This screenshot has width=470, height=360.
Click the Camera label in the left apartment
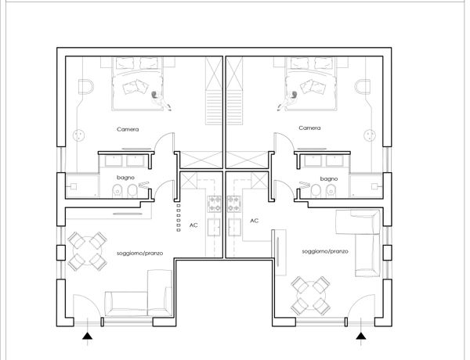[128, 129]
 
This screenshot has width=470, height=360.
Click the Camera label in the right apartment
[309, 128]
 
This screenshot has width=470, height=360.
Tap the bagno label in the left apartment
[125, 178]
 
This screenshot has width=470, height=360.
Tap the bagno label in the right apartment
[329, 178]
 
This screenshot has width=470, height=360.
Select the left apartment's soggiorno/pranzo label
[140, 254]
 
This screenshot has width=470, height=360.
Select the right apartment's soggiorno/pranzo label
[325, 251]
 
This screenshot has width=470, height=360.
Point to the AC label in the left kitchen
[193, 225]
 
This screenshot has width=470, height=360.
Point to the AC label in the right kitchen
[254, 221]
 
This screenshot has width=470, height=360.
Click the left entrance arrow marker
[87, 336]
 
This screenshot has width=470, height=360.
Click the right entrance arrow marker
[361, 336]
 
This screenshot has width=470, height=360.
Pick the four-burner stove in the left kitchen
[215, 204]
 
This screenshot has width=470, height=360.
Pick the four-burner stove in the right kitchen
[234, 204]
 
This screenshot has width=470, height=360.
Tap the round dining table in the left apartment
[87, 251]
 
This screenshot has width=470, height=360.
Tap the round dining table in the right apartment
[311, 296]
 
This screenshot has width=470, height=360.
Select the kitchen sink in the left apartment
[214, 227]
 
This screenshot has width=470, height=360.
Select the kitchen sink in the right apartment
[235, 227]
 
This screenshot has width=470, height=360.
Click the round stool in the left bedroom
[79, 135]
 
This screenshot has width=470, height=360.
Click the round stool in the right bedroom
[370, 135]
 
